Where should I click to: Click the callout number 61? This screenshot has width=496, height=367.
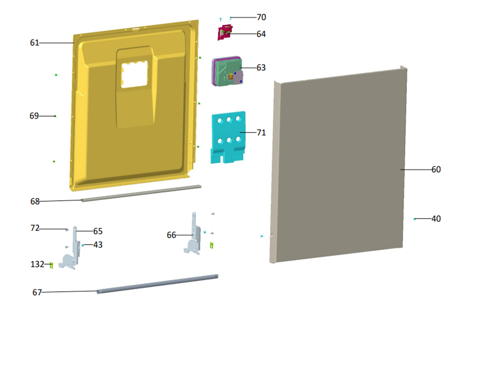pos(34,43)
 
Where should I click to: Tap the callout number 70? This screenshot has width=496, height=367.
pos(261,17)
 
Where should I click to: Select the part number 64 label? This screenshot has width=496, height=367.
pos(261,34)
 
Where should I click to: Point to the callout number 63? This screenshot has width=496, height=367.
pos(261,67)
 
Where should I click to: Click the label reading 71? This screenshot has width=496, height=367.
pos(261,133)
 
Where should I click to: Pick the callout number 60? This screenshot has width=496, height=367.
pos(436,169)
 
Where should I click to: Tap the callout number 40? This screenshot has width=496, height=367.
pos(436,219)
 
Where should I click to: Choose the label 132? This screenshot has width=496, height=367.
pos(37,264)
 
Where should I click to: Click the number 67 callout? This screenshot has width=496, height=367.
pos(37,292)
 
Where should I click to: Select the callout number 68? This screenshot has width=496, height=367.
pos(35,201)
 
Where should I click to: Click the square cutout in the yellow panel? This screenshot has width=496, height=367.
pos(134,74)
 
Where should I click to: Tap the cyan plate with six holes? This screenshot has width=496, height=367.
pos(228,137)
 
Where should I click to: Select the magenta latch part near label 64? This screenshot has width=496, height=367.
pos(225,32)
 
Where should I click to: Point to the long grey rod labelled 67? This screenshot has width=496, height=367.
pos(157,284)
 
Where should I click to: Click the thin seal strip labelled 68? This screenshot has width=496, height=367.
pos(142,193)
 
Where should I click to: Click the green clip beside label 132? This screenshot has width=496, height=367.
pos(51,265)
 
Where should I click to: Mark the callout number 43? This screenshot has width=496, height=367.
pos(98,244)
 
